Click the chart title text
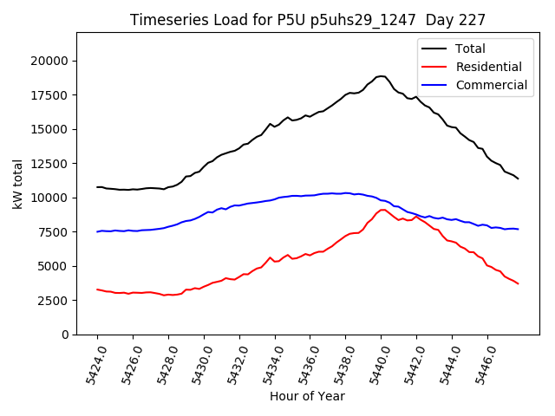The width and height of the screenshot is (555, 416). click(x=308, y=20)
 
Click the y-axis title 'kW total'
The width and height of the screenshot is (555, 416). click(x=18, y=183)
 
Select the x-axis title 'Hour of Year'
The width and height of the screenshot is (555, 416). click(x=307, y=396)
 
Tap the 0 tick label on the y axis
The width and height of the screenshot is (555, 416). click(x=66, y=335)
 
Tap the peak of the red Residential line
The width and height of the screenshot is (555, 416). click(x=382, y=210)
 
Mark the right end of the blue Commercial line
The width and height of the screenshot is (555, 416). click(x=519, y=229)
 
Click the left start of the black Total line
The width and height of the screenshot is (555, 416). click(x=97, y=187)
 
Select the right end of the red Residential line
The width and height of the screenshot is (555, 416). click(x=519, y=283)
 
